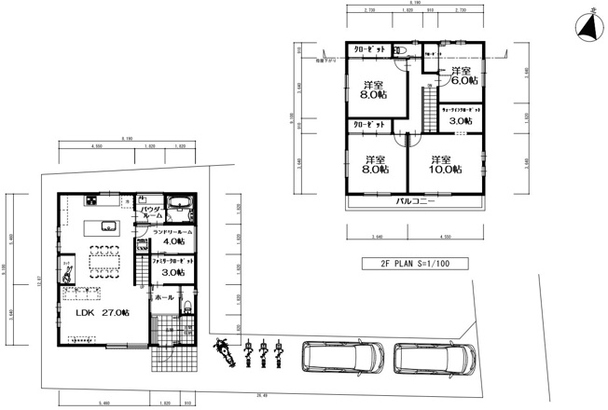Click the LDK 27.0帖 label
point(96,314)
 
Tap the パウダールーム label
point(150,211)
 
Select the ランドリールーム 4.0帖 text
point(171,237)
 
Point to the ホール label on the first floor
point(165,296)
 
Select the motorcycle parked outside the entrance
point(224,352)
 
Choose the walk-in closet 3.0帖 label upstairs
point(460,116)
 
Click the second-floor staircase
point(428,98)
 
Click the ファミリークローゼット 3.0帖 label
point(172,266)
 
